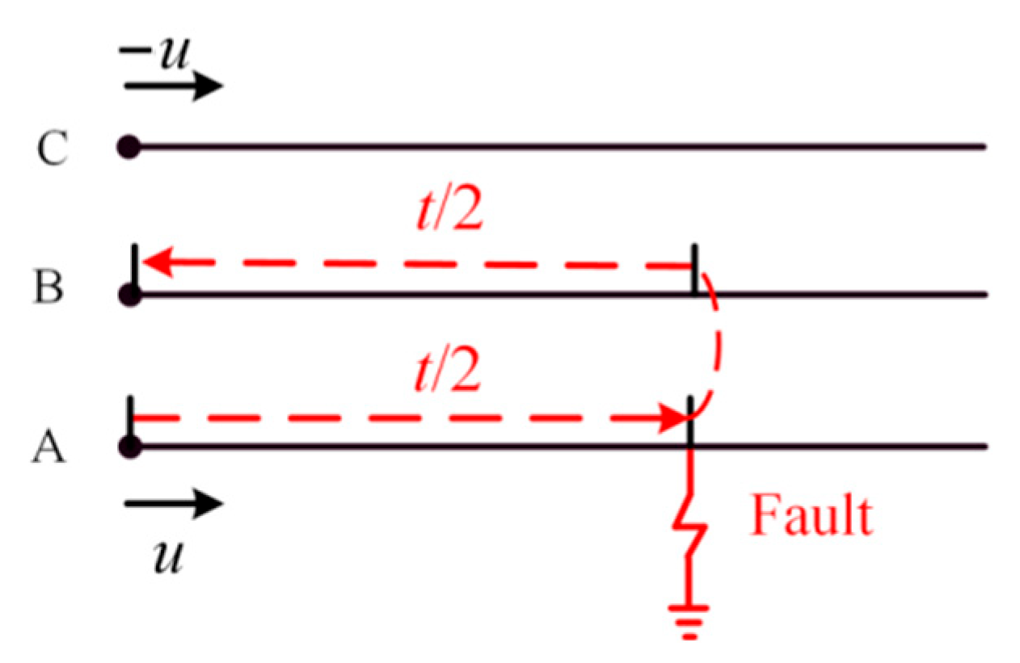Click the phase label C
pos(51,149)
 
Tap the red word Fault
pos(811,516)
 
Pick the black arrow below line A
pos(172,506)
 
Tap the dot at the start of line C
pos(129,147)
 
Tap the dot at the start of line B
pos(129,295)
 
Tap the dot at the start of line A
pos(129,446)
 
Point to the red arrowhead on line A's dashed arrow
pos(672,418)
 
